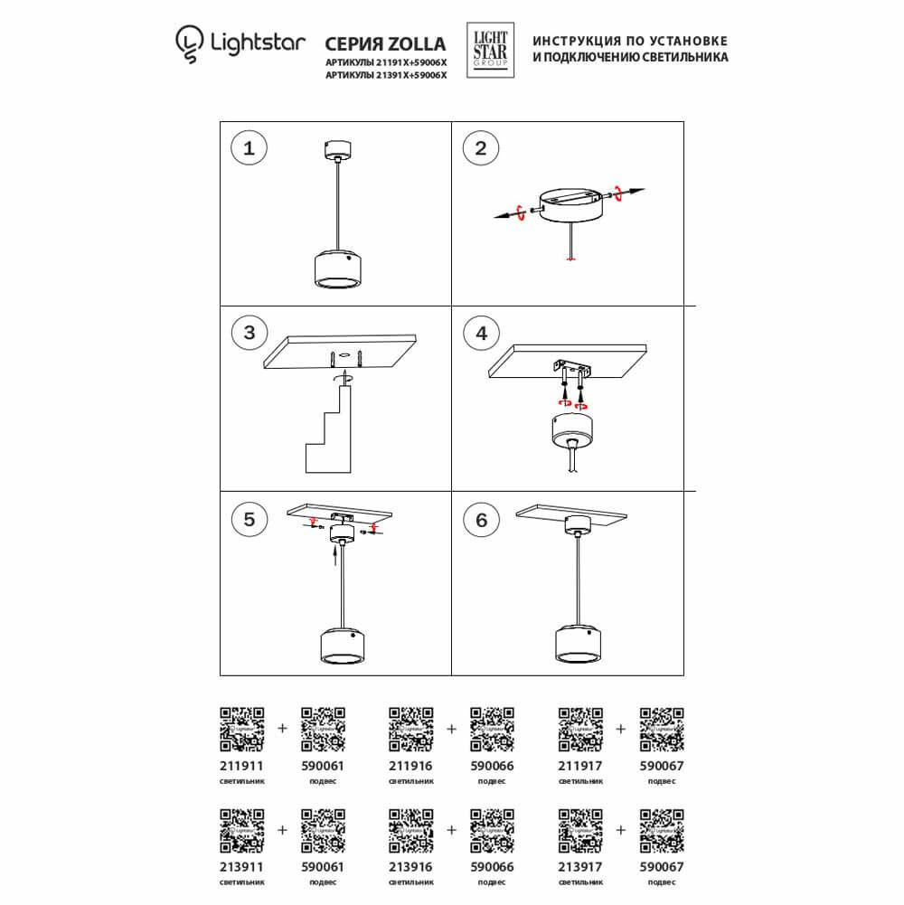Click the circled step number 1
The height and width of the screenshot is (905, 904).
249,148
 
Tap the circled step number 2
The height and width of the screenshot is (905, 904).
481,148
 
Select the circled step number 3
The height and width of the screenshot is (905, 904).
249,332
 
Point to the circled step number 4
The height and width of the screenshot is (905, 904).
481,332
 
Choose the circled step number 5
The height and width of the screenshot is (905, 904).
249,519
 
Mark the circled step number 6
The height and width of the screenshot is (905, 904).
481,519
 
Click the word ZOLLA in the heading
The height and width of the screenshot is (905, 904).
416,43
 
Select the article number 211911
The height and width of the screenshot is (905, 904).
240,764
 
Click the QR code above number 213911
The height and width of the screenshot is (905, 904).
242,830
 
